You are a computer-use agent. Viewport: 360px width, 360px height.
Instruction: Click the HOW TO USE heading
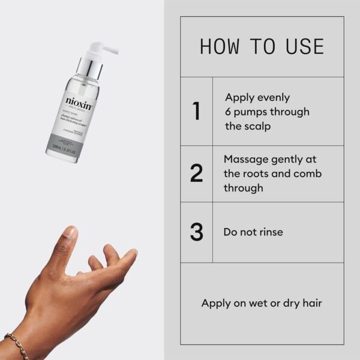[x=262, y=47]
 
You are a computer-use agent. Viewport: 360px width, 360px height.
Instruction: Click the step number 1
[x=196, y=112]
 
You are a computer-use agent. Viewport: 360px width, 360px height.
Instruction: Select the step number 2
[x=196, y=173]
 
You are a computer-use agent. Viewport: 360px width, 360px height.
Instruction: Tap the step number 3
[x=196, y=232]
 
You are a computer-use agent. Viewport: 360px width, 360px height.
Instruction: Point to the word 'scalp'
[x=256, y=126]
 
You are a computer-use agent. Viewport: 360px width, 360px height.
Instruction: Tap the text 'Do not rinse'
[x=253, y=232]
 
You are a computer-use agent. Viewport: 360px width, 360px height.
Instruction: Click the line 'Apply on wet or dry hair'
[x=262, y=303]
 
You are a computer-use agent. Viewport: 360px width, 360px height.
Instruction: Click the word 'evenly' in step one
[x=274, y=97]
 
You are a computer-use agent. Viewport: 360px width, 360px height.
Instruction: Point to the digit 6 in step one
[x=228, y=112]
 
